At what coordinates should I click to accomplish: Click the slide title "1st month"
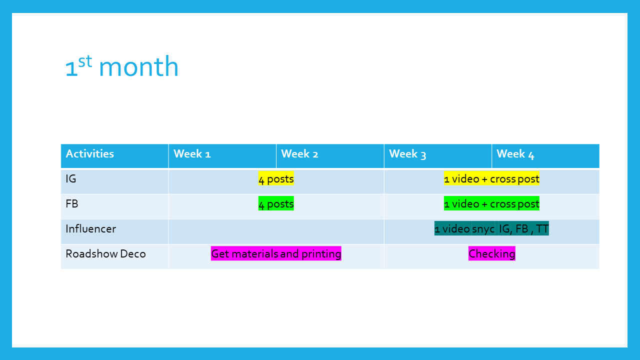[121, 66]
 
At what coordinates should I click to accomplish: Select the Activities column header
[114, 156]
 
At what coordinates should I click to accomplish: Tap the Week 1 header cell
[222, 156]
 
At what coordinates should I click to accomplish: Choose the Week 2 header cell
[330, 156]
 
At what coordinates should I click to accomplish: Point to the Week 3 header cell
[437, 156]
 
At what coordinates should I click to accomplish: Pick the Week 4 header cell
[545, 156]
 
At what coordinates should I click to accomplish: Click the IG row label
[71, 179]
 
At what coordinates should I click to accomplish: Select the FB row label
[71, 203]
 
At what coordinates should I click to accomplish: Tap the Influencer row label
[91, 229]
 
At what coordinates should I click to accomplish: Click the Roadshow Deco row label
[105, 253]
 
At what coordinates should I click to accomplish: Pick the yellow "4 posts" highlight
[276, 178]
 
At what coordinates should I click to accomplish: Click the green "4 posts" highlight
[276, 203]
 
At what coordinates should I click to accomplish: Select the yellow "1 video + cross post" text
[491, 178]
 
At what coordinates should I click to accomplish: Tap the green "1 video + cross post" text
[491, 203]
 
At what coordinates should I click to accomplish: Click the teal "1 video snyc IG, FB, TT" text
[491, 228]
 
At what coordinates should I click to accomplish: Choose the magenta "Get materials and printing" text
[276, 253]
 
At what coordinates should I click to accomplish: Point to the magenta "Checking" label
[491, 253]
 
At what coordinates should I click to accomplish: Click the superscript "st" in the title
[85, 61]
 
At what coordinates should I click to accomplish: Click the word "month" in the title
[139, 66]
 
